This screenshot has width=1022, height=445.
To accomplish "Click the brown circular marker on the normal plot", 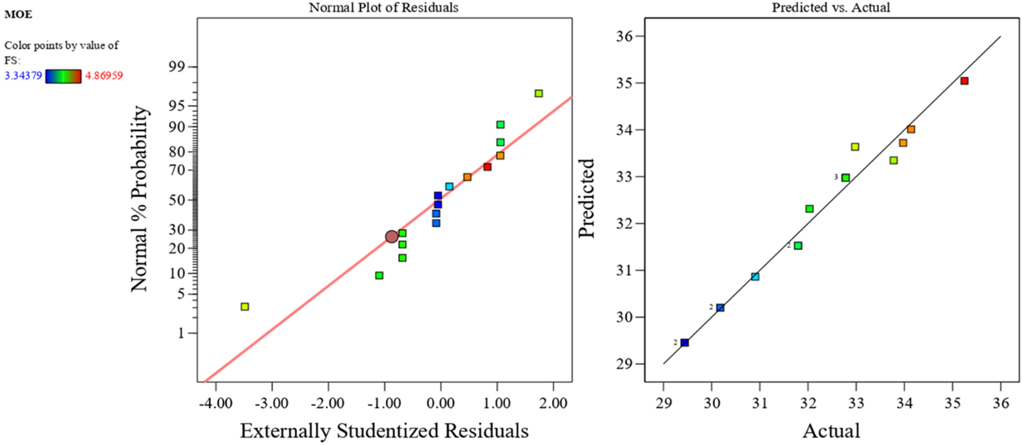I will point(391,237).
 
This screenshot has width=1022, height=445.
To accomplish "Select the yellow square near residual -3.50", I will point(244,306).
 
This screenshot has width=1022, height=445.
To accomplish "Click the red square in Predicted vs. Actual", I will point(964,81).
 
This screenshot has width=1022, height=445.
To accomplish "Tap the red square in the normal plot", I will point(487,167).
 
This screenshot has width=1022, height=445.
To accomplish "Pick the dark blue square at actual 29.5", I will point(684,343).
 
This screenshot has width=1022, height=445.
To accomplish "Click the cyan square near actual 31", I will point(755,276).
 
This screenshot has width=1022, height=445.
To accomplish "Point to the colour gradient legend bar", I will point(63,76).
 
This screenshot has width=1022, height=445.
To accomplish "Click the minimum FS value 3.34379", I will point(23,76).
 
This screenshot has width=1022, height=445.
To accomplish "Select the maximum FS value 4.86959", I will point(104,76).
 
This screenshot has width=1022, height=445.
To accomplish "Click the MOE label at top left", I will point(18,14).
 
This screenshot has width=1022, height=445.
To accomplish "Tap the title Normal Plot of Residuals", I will point(383,8).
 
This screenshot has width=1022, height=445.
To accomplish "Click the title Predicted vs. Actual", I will point(831,8).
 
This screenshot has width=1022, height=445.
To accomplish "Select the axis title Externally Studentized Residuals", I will point(384,431).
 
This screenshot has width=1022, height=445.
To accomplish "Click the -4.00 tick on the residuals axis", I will point(216,403).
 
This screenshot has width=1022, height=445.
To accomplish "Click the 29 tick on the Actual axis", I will point(663,403).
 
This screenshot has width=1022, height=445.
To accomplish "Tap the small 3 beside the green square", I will point(836,177).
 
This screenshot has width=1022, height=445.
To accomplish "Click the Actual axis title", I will point(831,431).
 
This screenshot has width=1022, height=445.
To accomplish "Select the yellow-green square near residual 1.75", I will point(538,93).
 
